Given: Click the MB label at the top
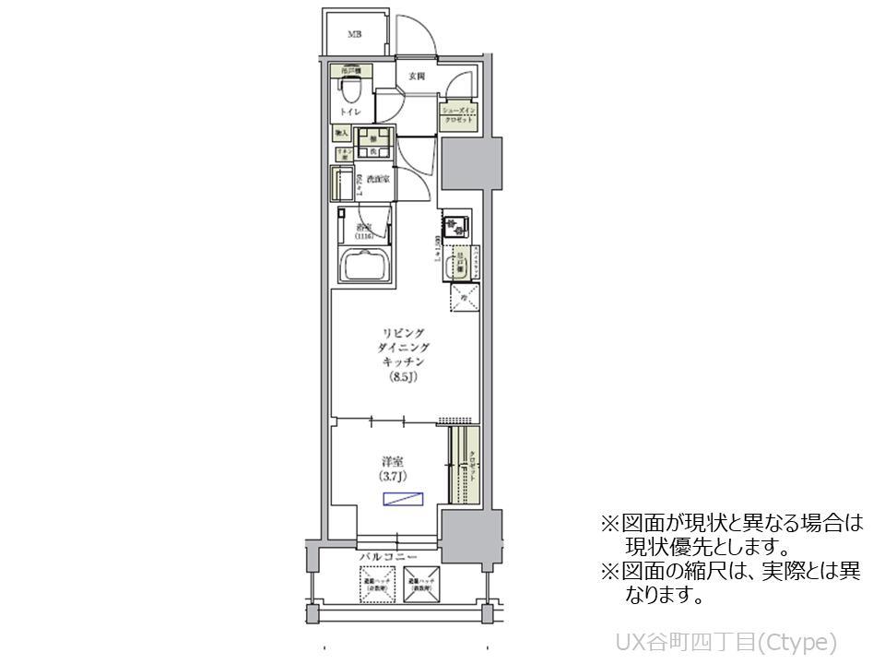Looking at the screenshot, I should tap(354, 35).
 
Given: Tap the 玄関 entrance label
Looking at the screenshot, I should tap(417, 77).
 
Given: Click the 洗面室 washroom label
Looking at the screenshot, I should tap(377, 179).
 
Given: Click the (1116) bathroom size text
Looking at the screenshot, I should tap(364, 236).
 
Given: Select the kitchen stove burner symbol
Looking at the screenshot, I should tap(454, 226).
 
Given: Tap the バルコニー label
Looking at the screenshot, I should tap(388, 558).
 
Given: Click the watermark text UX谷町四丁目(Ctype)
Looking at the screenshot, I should tap(725, 641).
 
